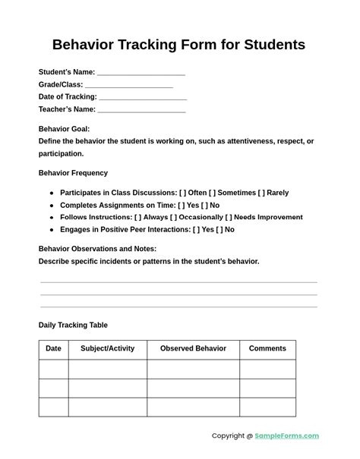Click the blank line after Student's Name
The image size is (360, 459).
click(x=141, y=74)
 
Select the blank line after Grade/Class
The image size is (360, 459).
click(x=129, y=86)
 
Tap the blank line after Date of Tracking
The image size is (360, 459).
click(x=143, y=98)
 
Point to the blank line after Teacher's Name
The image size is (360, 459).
click(x=142, y=111)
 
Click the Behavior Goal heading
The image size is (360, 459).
click(x=64, y=129)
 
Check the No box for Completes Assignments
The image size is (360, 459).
click(x=204, y=205)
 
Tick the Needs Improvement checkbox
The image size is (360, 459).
click(x=229, y=217)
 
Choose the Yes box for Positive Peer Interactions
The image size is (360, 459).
click(x=197, y=229)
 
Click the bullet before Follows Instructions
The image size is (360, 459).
click(x=52, y=218)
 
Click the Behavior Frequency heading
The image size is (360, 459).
click(x=73, y=173)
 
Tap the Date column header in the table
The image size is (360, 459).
click(x=53, y=349)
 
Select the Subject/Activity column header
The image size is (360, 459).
click(x=107, y=349)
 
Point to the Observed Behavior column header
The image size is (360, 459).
click(x=193, y=349)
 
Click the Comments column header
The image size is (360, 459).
click(x=267, y=349)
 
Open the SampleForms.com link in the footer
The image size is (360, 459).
click(x=286, y=436)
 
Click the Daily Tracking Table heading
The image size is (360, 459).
click(x=73, y=325)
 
